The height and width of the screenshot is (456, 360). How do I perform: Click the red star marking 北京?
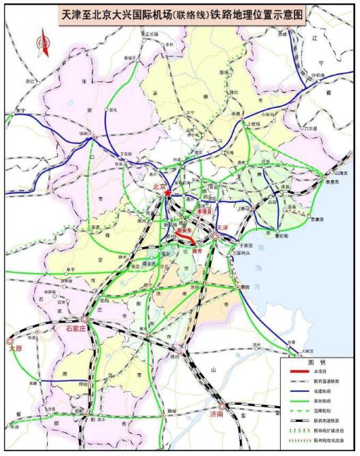pyautogui.click(x=169, y=193)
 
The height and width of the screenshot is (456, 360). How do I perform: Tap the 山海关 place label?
pyautogui.click(x=341, y=173)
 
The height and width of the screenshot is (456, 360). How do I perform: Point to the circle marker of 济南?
pyautogui.click(x=222, y=407)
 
